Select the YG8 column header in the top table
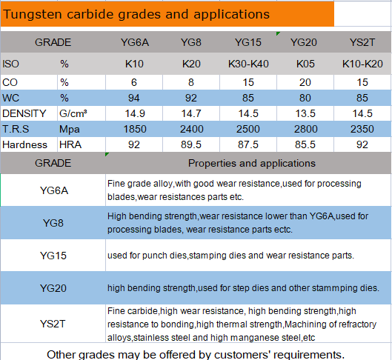191,43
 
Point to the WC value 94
135,97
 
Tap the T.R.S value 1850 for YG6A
135,130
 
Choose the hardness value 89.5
191,145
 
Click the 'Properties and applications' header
251,163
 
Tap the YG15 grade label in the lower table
53,256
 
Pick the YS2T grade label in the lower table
53,323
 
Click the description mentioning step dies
243,287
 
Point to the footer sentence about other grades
196,353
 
